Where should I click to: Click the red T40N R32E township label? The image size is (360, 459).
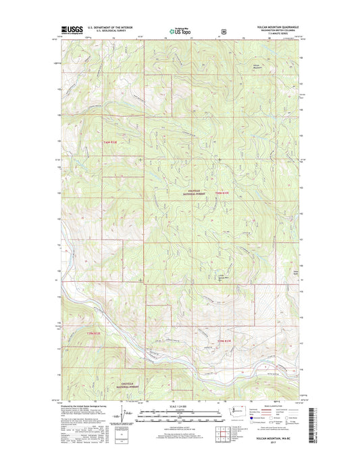113,143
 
